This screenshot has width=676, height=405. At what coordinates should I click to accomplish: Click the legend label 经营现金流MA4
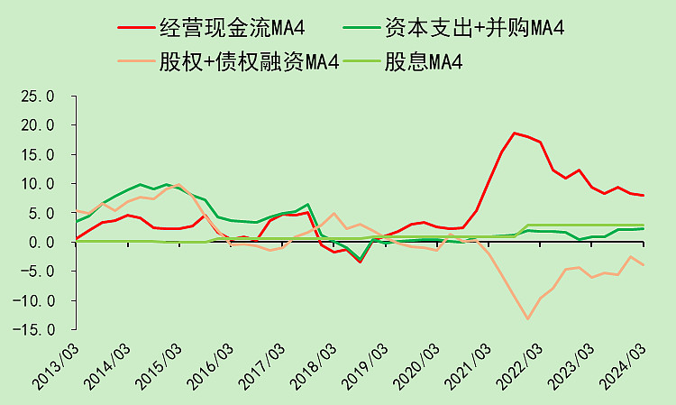pyautogui.click(x=233, y=28)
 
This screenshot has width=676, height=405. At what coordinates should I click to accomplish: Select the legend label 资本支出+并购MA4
pyautogui.click(x=474, y=28)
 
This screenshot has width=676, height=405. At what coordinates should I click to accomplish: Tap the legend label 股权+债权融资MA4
pyautogui.click(x=249, y=61)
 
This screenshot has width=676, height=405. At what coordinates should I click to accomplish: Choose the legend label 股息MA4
pyautogui.click(x=424, y=61)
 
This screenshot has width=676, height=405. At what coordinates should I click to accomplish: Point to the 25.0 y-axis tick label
pyautogui.click(x=38, y=97)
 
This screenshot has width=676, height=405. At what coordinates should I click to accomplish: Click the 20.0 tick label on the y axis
pyautogui.click(x=38, y=125)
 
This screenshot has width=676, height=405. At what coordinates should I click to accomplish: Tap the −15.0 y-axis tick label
pyautogui.click(x=33, y=330)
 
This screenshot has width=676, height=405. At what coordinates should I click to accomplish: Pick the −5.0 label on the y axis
pyautogui.click(x=38, y=272)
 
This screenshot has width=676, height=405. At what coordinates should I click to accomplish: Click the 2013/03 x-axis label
pyautogui.click(x=56, y=367)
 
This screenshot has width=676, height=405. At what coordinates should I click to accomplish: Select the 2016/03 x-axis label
pyautogui.click(x=210, y=367)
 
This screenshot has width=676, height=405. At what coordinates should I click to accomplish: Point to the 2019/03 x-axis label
pyautogui.click(x=365, y=367)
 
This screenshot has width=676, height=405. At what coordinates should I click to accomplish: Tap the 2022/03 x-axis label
pyautogui.click(x=519, y=367)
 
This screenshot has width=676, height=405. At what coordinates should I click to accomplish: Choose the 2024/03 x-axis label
pyautogui.click(x=623, y=367)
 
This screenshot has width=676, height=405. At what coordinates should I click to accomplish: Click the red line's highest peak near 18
pyautogui.click(x=515, y=133)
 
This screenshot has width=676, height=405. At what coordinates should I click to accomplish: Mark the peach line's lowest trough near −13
pyautogui.click(x=527, y=318)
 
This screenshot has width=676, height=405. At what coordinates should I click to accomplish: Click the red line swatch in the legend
pyautogui.click(x=136, y=28)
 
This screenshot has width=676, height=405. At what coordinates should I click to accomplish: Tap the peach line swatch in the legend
pyautogui.click(x=136, y=61)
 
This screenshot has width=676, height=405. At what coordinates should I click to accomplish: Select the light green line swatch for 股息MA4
pyautogui.click(x=362, y=61)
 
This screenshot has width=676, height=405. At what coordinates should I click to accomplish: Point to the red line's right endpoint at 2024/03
pyautogui.click(x=644, y=196)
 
